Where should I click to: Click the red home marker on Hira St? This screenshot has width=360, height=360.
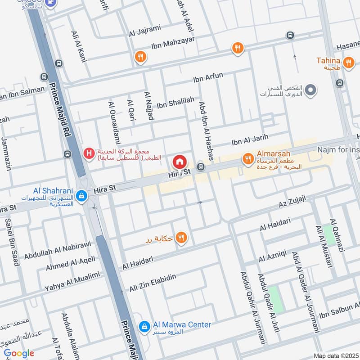pyautogui.click(x=180, y=162)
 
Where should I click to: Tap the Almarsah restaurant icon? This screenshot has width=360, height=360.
pyautogui.click(x=247, y=158)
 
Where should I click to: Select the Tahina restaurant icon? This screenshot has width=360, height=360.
pyautogui.click(x=348, y=63)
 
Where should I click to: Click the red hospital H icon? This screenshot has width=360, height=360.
pyautogui.click(x=89, y=154)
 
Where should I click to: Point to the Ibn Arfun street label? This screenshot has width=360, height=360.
pyautogui.click(x=208, y=77)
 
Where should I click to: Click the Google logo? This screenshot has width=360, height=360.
pyautogui.click(x=18, y=354)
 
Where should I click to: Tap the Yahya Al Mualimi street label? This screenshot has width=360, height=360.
pyautogui.click(x=72, y=281)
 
